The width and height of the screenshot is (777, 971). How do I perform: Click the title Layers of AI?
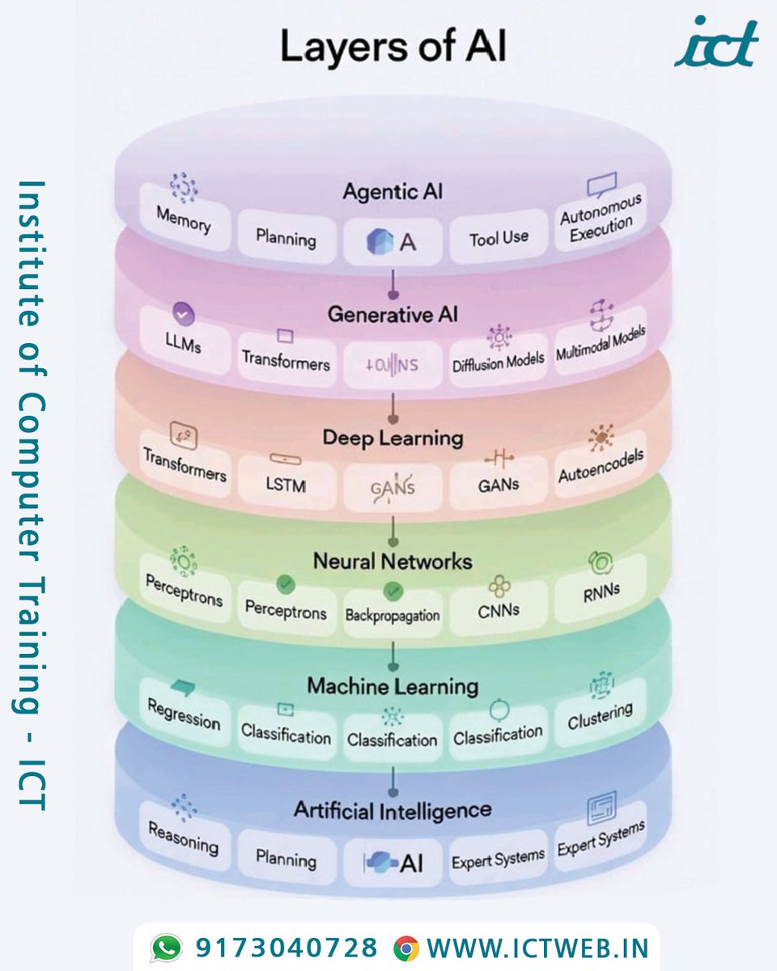coord(393,48)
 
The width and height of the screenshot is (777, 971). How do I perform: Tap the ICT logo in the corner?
coord(716,42)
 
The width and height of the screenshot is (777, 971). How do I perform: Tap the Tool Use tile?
coord(499,238)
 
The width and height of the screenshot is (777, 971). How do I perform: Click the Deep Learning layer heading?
coord(393,438)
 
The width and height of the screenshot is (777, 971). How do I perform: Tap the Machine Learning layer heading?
coord(393,686)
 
